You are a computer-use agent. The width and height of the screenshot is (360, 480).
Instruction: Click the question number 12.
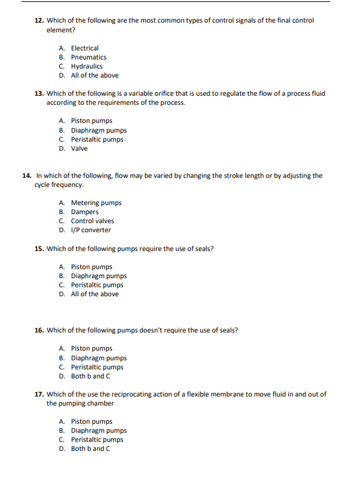pyautogui.click(x=38, y=21)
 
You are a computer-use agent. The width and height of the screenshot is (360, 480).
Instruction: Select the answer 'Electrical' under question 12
pyautogui.click(x=84, y=48)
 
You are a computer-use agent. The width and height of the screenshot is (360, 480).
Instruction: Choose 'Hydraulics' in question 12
pyautogui.click(x=86, y=66)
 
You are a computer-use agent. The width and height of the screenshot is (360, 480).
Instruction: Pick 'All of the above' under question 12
pyautogui.click(x=95, y=75)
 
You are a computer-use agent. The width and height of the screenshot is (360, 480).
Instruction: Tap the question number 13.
pyautogui.click(x=38, y=93)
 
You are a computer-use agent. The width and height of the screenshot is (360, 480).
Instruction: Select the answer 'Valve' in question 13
pyautogui.click(x=79, y=148)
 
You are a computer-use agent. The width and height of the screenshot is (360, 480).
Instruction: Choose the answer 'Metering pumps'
pyautogui.click(x=96, y=202)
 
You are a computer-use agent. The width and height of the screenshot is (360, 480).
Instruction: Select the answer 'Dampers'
pyautogui.click(x=84, y=212)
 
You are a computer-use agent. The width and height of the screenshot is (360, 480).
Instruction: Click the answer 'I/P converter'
pyautogui.click(x=91, y=230)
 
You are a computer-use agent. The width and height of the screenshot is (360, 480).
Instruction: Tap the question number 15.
pyautogui.click(x=38, y=248)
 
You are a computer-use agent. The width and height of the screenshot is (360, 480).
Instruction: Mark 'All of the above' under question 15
pyautogui.click(x=95, y=294)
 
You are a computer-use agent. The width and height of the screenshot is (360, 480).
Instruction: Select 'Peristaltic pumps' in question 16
pyautogui.click(x=96, y=367)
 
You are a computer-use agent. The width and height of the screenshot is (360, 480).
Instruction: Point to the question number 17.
pyautogui.click(x=38, y=394)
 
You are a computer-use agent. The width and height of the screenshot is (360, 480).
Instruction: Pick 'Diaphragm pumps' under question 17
pyautogui.click(x=98, y=430)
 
